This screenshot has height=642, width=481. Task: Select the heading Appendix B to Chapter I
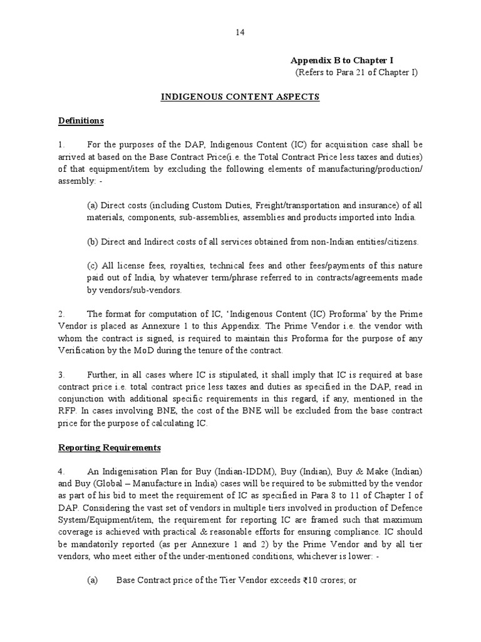click(x=341, y=60)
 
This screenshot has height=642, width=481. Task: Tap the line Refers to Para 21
click(x=356, y=73)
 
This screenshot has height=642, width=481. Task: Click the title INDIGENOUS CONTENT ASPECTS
click(x=241, y=97)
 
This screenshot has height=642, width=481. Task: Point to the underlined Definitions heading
click(x=81, y=120)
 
